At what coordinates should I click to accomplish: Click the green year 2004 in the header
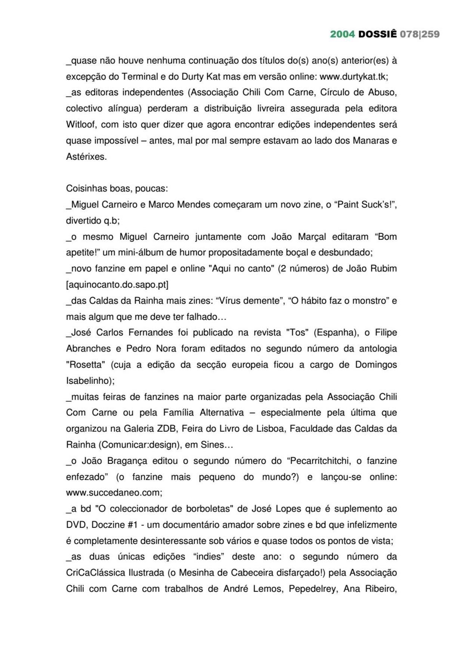point(342,34)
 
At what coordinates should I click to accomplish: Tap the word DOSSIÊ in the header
point(377,34)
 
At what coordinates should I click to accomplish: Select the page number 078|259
point(420,34)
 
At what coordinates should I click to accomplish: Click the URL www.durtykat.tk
point(353,77)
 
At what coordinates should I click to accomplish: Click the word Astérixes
point(86,157)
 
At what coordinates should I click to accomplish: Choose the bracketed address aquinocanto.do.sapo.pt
point(117,285)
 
